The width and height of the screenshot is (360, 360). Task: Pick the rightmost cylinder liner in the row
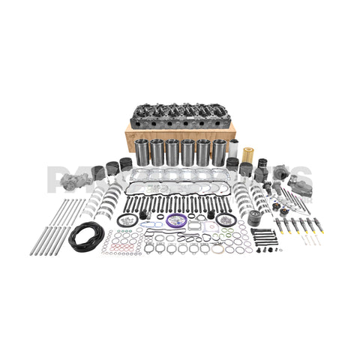(219, 152)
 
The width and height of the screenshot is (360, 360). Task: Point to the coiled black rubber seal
(88, 236)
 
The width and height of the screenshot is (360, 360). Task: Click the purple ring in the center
(178, 220)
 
